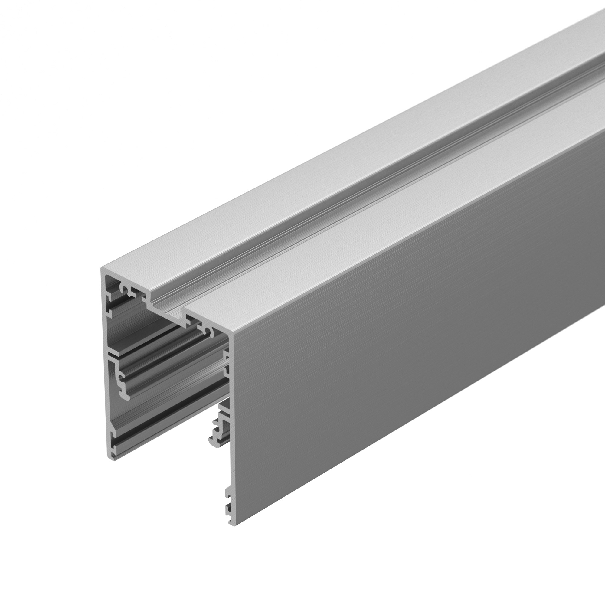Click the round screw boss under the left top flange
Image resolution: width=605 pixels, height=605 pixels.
125,288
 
